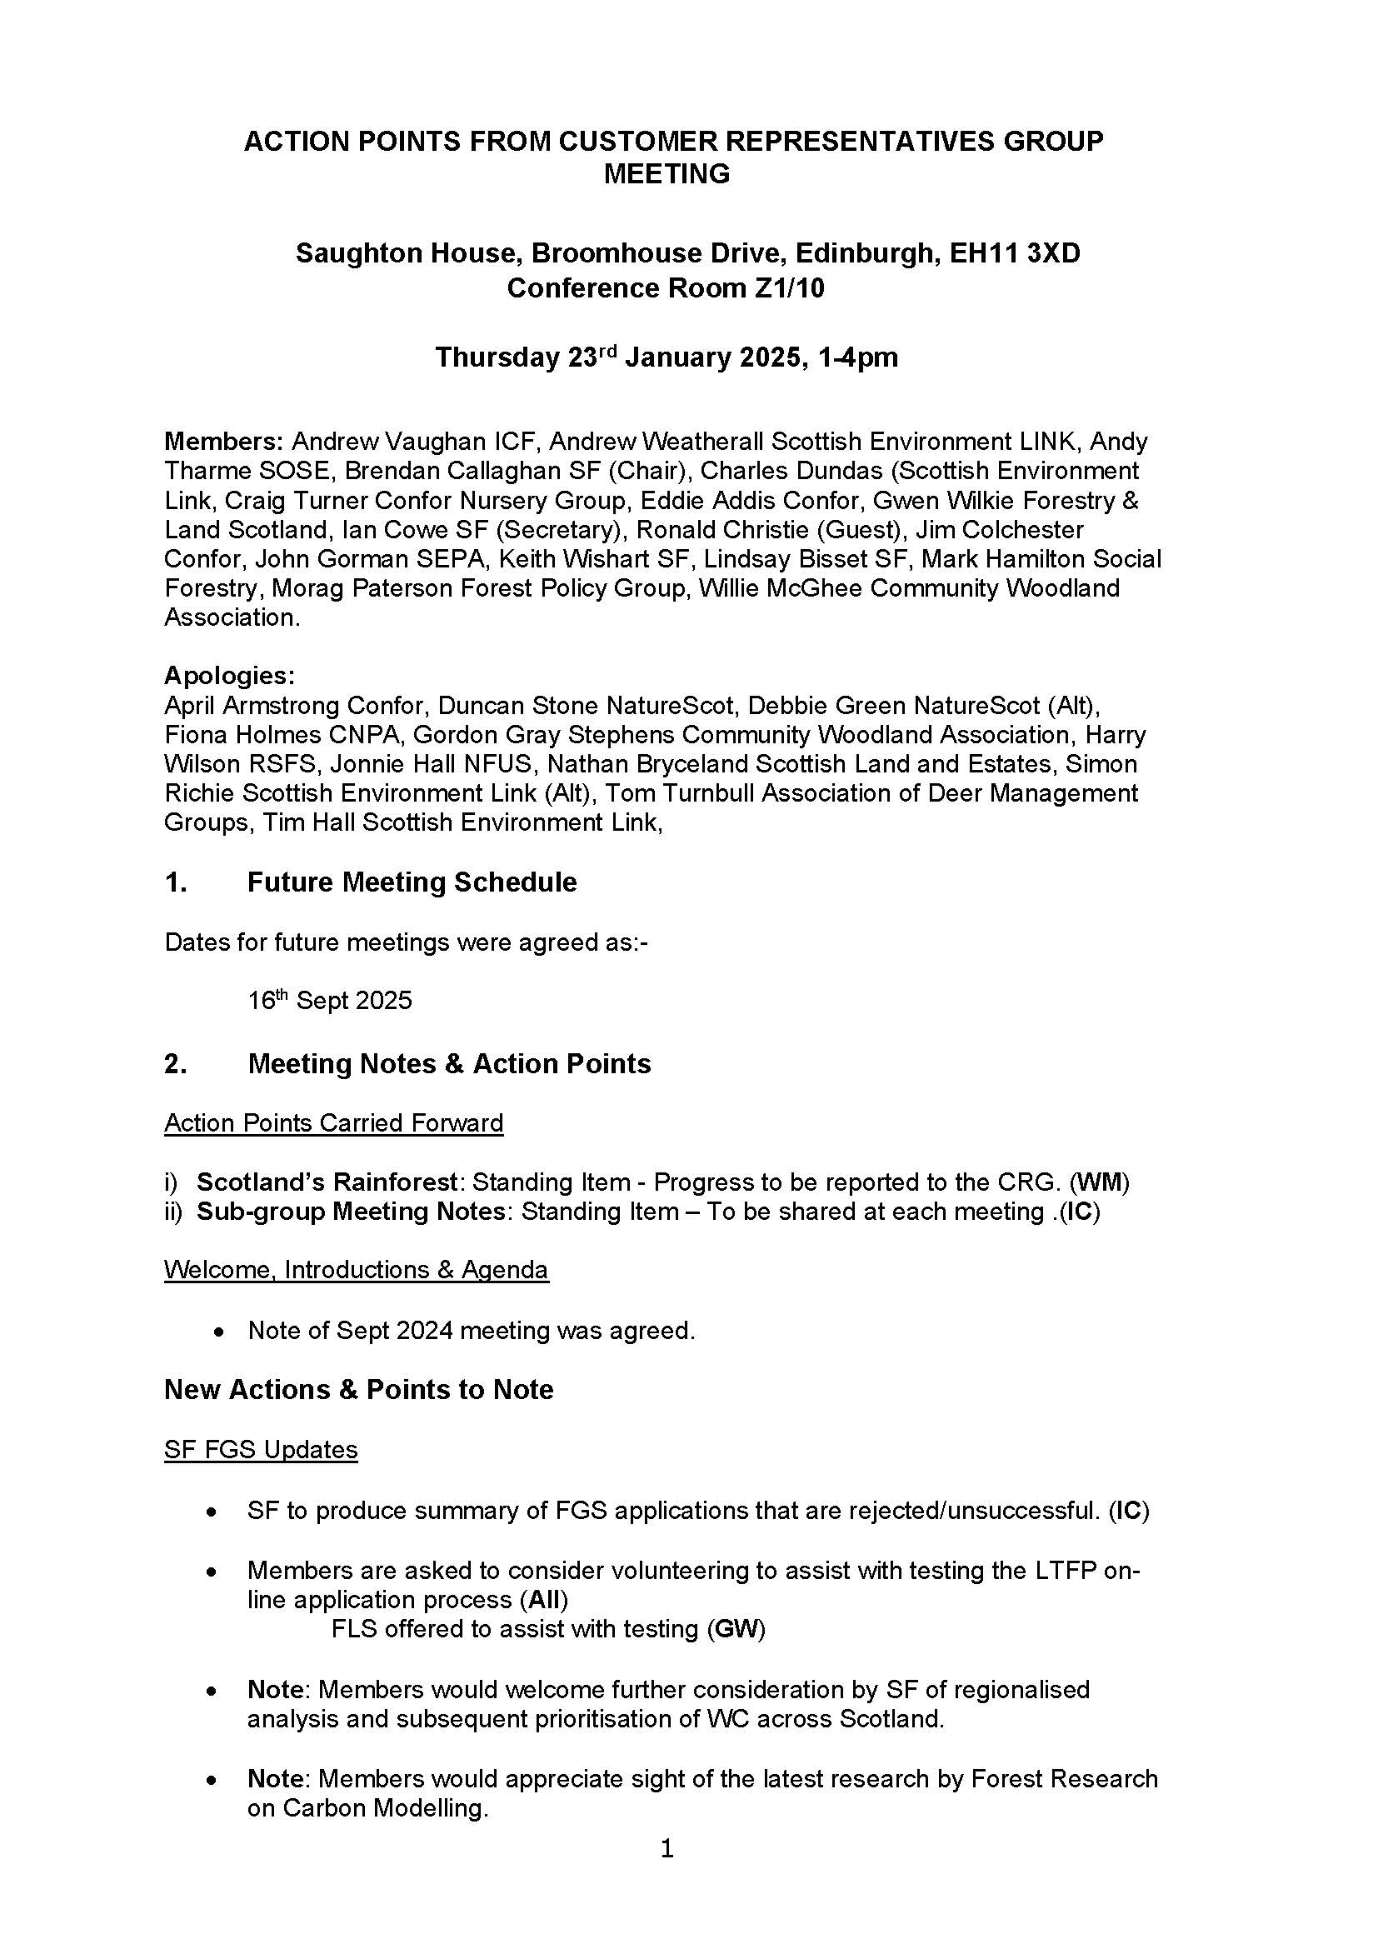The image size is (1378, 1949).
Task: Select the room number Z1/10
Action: (x=788, y=288)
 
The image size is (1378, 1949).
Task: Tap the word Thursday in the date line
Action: (x=497, y=357)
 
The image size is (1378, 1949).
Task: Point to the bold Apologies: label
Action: (x=229, y=676)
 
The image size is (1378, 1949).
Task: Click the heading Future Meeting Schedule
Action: (x=412, y=882)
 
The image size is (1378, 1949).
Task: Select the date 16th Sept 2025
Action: (x=329, y=1000)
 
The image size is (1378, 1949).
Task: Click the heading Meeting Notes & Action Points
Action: (x=449, y=1063)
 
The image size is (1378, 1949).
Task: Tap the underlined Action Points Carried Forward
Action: (x=333, y=1123)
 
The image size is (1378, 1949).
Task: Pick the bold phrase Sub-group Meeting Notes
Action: (x=351, y=1212)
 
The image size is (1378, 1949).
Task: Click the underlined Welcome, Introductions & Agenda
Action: (x=357, y=1270)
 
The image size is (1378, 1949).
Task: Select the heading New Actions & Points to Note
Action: (x=358, y=1390)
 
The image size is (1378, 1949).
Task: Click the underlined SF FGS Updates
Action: (x=261, y=1449)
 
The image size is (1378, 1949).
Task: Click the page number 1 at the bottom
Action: (x=667, y=1848)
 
